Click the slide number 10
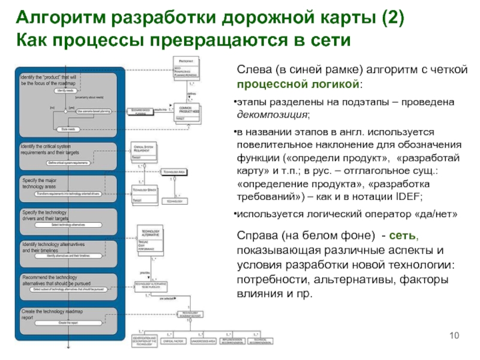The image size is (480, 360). pyautogui.click(x=454, y=334)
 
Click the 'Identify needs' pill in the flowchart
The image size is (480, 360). pyautogui.click(x=64, y=90)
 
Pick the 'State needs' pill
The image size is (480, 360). pyautogui.click(x=64, y=129)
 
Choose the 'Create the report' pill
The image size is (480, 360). pyautogui.click(x=67, y=323)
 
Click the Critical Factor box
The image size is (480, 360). pyautogui.click(x=174, y=341)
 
